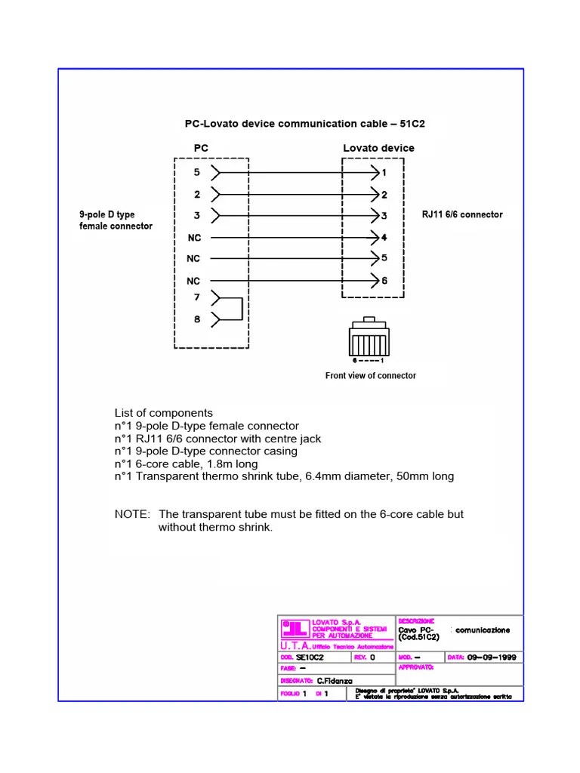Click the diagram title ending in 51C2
(305, 123)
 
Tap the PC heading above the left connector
(201, 148)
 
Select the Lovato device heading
(378, 148)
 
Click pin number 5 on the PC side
(197, 172)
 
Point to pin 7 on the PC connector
(197, 297)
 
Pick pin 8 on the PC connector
(197, 319)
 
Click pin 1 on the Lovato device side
(384, 173)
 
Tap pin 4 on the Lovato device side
(384, 237)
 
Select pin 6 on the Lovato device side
(384, 281)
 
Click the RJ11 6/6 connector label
(461, 215)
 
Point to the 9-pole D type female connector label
(116, 220)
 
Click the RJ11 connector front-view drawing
(369, 337)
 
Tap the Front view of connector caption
(370, 375)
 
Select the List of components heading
(164, 413)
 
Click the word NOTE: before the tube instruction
(132, 514)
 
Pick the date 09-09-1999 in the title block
(492, 658)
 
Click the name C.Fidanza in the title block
(335, 681)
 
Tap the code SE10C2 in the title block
(310, 658)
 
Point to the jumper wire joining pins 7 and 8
(241, 309)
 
